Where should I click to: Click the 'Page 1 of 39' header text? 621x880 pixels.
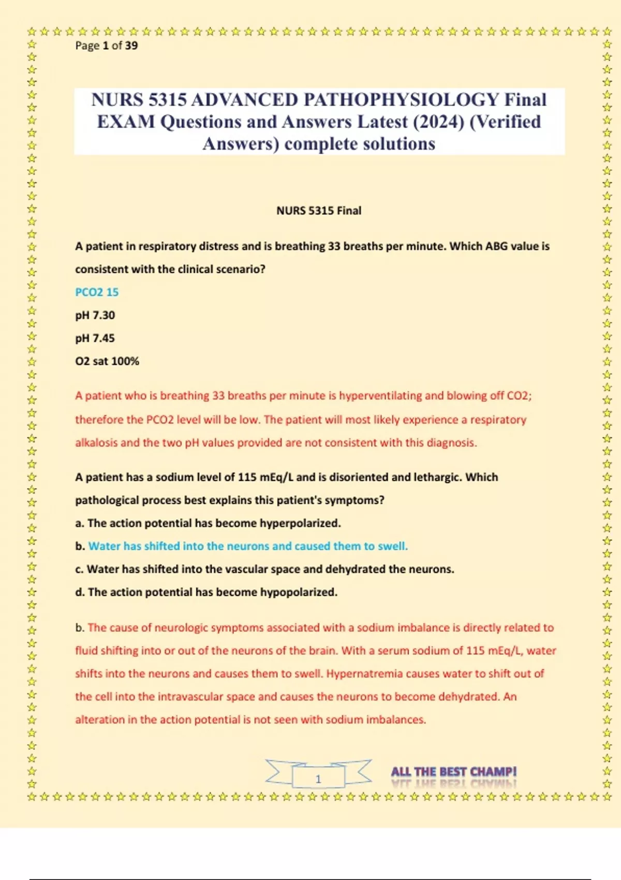(x=106, y=46)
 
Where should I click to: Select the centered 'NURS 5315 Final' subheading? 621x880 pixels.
(x=319, y=211)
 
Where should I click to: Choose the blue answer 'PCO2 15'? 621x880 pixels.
(x=97, y=292)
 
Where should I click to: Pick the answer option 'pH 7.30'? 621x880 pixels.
(x=95, y=315)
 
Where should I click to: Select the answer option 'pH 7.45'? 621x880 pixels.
(x=95, y=338)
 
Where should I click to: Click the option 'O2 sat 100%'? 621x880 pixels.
(x=107, y=361)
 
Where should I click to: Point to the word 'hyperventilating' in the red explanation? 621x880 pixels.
(x=380, y=396)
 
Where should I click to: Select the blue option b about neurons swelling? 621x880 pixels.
(x=248, y=546)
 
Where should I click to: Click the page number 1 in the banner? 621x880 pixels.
(x=318, y=779)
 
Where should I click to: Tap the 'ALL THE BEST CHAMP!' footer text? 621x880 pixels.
(x=454, y=772)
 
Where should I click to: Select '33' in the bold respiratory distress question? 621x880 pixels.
(x=334, y=246)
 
